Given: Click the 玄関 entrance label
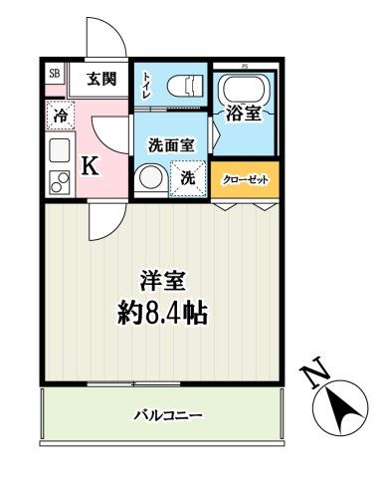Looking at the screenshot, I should point(99,80).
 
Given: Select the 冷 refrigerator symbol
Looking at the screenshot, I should point(60,116).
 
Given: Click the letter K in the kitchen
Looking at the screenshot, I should point(90,166).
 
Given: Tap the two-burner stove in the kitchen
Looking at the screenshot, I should point(58,181).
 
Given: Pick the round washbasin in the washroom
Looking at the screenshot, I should point(151,178).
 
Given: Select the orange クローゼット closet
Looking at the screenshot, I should point(244,181).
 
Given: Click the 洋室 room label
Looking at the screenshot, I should point(164,282).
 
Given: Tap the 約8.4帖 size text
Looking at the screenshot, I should point(164,316).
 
